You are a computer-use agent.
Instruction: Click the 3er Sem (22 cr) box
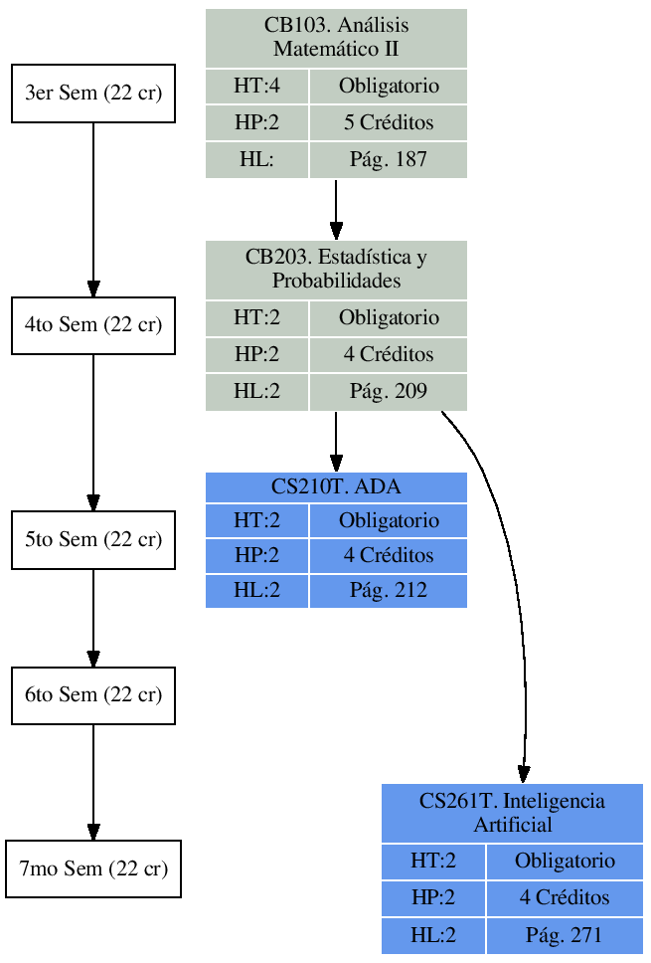click(x=93, y=94)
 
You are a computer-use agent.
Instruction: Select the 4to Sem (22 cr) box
click(x=93, y=325)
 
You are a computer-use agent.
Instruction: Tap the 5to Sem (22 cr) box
click(x=93, y=539)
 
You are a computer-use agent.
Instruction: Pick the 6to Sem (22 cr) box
click(x=93, y=695)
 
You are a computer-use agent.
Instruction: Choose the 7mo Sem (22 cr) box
click(x=93, y=868)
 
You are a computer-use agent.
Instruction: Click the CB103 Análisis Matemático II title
click(x=336, y=38)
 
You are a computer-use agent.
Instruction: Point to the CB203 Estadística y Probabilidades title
click(x=336, y=270)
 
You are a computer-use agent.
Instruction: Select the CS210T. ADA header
click(x=336, y=487)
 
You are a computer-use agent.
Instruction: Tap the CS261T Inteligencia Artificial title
click(x=512, y=813)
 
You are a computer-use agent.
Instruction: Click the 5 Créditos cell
click(x=389, y=123)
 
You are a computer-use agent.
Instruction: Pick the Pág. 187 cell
click(x=389, y=159)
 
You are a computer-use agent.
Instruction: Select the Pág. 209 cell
click(x=389, y=392)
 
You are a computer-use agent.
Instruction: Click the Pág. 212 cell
click(x=389, y=590)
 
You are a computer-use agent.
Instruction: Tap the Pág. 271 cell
click(x=565, y=935)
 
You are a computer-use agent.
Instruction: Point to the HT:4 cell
click(x=256, y=87)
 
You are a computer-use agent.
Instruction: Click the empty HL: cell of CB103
click(x=256, y=159)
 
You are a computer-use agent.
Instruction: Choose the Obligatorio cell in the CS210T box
click(x=389, y=520)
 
